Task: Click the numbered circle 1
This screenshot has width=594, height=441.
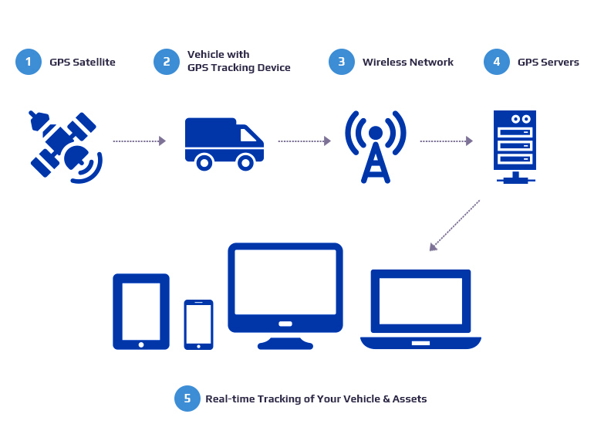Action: pos(28,62)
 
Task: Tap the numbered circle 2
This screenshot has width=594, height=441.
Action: pos(166,62)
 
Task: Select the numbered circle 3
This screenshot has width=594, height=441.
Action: pos(341,62)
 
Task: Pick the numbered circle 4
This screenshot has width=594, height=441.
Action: pos(497,62)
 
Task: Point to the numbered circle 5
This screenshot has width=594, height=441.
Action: pos(186,399)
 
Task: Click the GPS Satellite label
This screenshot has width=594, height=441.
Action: pos(83,62)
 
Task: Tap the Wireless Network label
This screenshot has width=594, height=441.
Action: pos(408,62)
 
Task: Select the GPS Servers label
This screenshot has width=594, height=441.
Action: pos(548,62)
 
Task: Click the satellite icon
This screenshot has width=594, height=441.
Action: pos(66,146)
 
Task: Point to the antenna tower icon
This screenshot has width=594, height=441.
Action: pos(376,146)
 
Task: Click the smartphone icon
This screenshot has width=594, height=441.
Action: pos(198,324)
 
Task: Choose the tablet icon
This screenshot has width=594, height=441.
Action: pos(141,310)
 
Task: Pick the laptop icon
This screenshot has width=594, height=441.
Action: pos(420,309)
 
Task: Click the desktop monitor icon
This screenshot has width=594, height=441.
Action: pos(285,293)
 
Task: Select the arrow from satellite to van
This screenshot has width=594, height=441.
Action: pos(139,141)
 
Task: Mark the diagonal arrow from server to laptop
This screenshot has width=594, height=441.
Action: pos(455,225)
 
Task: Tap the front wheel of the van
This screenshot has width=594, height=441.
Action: pos(246,162)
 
